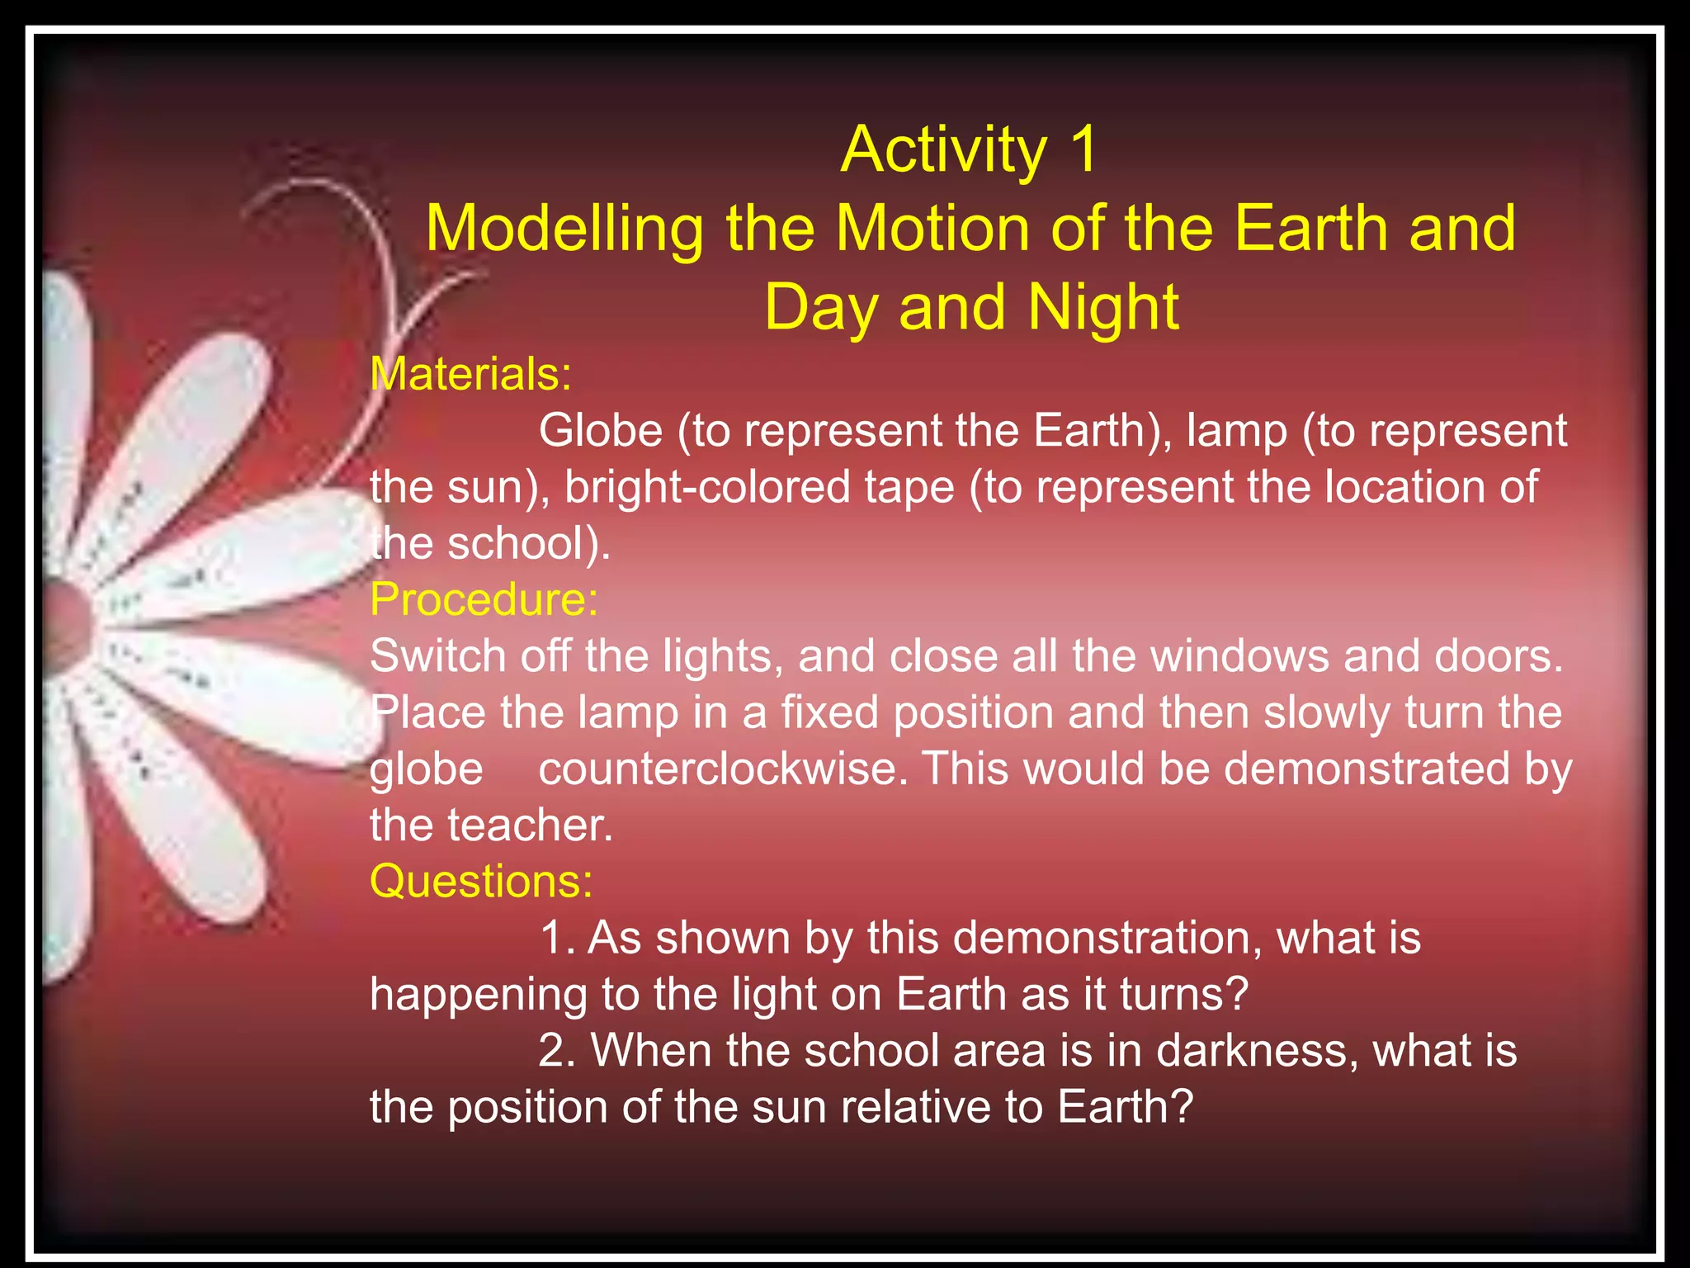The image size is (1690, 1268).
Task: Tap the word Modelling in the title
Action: (564, 229)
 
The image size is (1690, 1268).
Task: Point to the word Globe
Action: (601, 431)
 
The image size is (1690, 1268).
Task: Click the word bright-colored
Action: (707, 487)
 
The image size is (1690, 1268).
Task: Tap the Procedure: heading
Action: (484, 599)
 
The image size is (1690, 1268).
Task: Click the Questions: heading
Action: (481, 881)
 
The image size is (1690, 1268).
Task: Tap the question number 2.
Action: (556, 1051)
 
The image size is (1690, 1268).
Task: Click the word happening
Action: (478, 995)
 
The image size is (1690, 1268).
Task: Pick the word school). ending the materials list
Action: (529, 544)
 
